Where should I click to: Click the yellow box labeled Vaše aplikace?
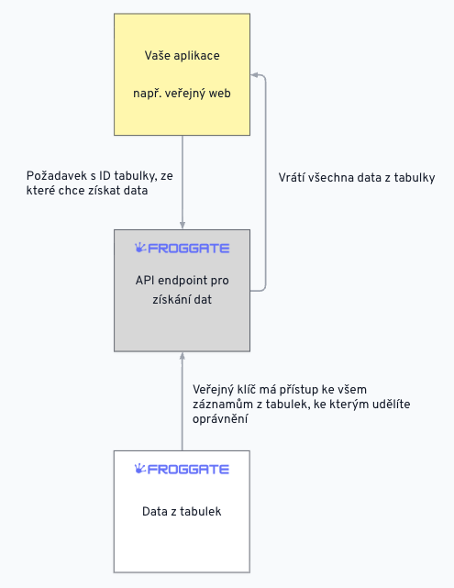pyautogui.click(x=182, y=74)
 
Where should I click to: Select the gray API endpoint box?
pyautogui.click(x=182, y=291)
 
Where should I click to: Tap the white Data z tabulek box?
pyautogui.click(x=182, y=512)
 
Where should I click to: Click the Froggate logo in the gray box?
pyautogui.click(x=182, y=248)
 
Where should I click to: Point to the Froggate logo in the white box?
pyautogui.click(x=182, y=469)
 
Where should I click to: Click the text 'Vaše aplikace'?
pyautogui.click(x=183, y=56)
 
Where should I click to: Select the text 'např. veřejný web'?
pyautogui.click(x=182, y=93)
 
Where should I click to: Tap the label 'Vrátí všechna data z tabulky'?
pyautogui.click(x=357, y=177)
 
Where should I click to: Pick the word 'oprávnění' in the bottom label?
pyautogui.click(x=220, y=419)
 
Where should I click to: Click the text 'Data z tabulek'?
pyautogui.click(x=182, y=512)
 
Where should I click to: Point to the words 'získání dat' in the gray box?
pyautogui.click(x=182, y=299)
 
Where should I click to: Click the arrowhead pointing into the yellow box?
pyautogui.click(x=254, y=75)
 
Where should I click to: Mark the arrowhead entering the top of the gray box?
pyautogui.click(x=183, y=226)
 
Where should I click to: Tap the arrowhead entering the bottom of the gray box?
pyautogui.click(x=183, y=356)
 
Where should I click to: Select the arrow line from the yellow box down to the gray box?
pyautogui.click(x=183, y=183)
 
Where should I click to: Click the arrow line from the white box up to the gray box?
pyautogui.click(x=183, y=401)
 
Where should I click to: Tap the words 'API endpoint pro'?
pyautogui.click(x=182, y=281)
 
